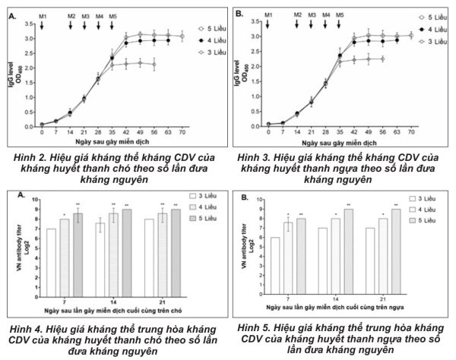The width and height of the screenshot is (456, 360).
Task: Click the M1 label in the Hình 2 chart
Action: click(x=42, y=15)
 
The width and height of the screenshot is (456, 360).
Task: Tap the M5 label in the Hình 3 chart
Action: click(x=339, y=15)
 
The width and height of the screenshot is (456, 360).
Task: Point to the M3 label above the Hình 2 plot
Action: click(x=85, y=15)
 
